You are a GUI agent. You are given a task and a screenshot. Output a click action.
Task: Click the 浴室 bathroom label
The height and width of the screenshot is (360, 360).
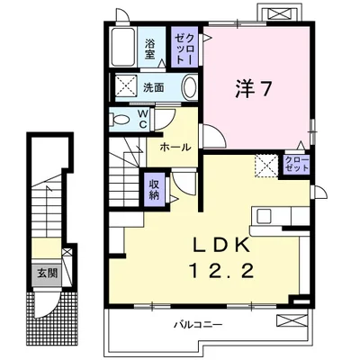click(149, 49)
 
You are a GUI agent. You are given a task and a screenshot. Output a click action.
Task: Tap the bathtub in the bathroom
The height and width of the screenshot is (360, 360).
click(124, 47)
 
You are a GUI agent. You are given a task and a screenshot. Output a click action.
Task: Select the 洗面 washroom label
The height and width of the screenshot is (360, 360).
click(154, 88)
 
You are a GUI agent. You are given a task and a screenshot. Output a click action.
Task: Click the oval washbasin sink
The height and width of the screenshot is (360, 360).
click(190, 87)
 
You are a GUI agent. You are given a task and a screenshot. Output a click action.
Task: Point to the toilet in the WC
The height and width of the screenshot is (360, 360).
click(119, 120)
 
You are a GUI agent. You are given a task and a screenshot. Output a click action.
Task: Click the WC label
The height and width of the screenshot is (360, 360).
click(143, 119)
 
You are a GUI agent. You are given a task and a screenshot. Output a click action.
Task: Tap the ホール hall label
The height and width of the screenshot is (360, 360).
click(175, 148)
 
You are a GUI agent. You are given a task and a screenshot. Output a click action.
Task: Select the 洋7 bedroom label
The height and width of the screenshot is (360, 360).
click(254, 89)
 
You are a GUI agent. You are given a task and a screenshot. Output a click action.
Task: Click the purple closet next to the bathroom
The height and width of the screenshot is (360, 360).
click(184, 47)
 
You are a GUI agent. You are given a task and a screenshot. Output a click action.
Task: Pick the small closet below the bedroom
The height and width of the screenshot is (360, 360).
click(296, 165)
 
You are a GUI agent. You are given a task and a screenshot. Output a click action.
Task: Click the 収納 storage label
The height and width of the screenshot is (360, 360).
click(154, 190)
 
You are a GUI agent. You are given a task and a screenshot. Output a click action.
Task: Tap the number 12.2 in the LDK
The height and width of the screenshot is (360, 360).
click(222, 272)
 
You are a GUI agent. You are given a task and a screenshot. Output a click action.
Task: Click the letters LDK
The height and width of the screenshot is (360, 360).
click(221, 246)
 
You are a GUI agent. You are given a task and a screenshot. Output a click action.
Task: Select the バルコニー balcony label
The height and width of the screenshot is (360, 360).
click(198, 325)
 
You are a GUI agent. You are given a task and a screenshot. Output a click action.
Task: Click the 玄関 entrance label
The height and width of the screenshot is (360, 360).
click(48, 274)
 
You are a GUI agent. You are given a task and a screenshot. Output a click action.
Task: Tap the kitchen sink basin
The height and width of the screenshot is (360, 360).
click(264, 216)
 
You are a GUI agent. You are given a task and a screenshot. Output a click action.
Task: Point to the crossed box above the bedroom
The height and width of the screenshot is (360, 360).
click(281, 14)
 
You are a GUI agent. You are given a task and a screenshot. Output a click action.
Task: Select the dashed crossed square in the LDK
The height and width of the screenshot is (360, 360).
click(266, 166)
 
